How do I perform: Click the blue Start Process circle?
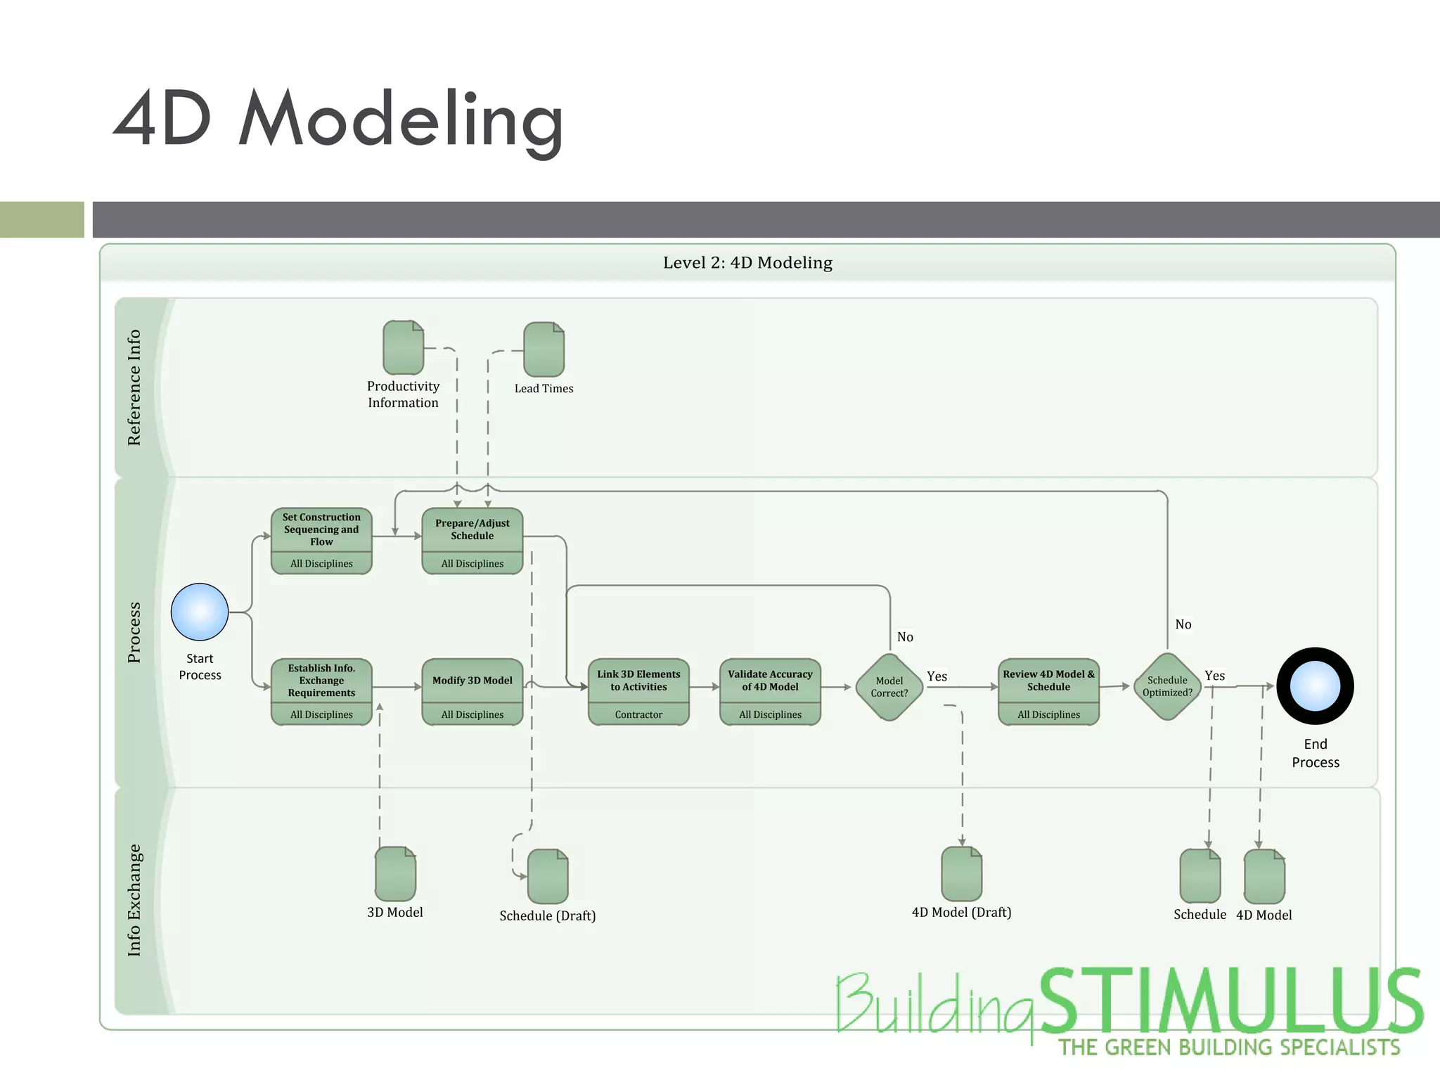point(200,612)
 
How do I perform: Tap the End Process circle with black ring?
point(1315,686)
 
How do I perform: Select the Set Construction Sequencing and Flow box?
point(321,540)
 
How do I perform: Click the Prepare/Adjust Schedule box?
point(472,540)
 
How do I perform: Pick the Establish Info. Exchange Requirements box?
point(321,690)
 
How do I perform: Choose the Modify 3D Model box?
point(472,690)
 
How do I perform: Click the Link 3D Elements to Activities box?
point(638,690)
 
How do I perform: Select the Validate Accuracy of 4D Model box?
point(770,690)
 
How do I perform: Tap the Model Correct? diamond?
point(889,687)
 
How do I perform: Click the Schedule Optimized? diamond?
point(1167,686)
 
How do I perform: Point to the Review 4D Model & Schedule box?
point(1048,690)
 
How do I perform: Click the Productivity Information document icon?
point(403,347)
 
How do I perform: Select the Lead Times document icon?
point(544,349)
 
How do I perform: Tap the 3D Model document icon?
point(395,873)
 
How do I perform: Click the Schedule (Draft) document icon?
point(547,876)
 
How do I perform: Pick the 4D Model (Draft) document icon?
point(961,873)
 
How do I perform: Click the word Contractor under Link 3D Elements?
point(638,714)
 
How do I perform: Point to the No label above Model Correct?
point(905,637)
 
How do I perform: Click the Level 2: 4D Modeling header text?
point(747,263)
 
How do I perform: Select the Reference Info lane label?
point(134,387)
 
